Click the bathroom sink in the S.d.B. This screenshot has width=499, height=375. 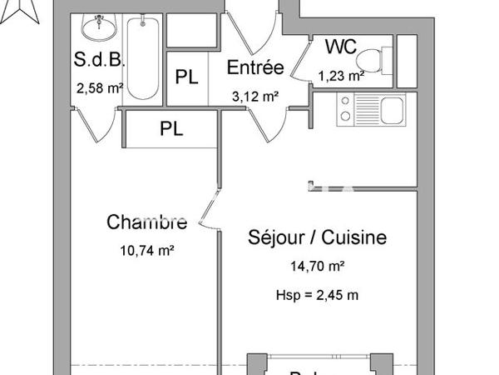pyautogui.click(x=98, y=27)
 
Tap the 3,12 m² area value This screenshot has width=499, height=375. pyautogui.click(x=254, y=96)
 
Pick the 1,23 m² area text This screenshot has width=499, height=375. pyautogui.click(x=341, y=76)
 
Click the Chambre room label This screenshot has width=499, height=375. pyautogui.click(x=146, y=222)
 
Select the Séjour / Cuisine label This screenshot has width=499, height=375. pyautogui.click(x=318, y=238)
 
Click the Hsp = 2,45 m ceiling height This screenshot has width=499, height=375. pyautogui.click(x=317, y=294)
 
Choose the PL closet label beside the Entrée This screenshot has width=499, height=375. pyautogui.click(x=186, y=77)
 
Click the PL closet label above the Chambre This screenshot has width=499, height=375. pyautogui.click(x=172, y=129)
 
